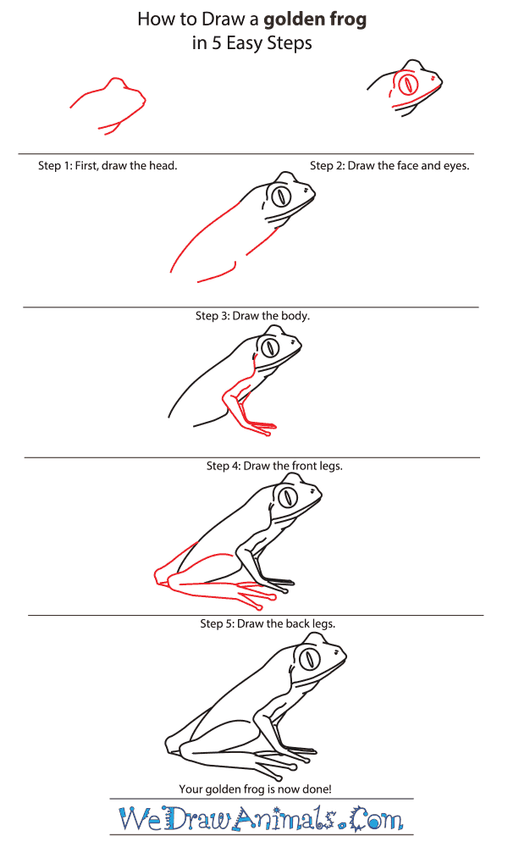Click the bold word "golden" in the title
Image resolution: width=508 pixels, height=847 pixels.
point(292,20)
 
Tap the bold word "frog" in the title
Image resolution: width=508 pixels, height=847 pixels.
point(346,20)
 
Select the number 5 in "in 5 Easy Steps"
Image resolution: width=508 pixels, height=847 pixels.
point(216,43)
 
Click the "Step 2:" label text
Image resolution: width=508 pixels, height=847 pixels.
point(327,166)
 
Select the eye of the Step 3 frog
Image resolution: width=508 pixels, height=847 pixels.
point(281,197)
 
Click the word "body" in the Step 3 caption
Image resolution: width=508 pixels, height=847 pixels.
point(295,316)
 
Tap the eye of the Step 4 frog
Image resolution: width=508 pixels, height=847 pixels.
point(270,348)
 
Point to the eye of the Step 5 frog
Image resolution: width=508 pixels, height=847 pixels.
point(288,496)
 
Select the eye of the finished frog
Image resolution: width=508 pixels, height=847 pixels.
point(310,658)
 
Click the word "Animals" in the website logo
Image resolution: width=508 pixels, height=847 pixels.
point(284,818)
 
